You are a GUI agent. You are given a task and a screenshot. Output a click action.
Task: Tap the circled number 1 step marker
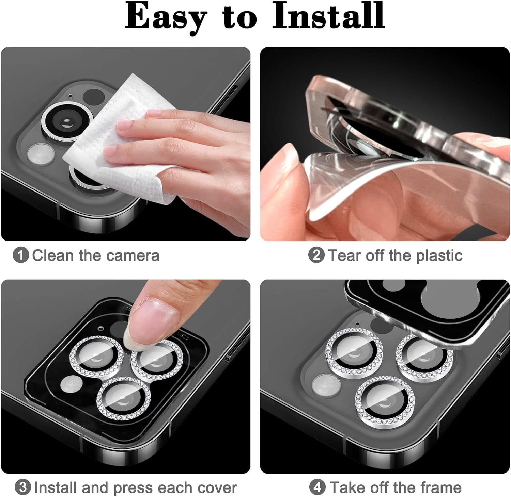pos(21,255)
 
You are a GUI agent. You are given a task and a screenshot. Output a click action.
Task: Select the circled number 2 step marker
pos(316,255)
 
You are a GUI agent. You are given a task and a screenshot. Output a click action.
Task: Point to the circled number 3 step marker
pos(23,487)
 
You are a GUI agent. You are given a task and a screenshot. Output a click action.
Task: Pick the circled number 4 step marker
pos(317,487)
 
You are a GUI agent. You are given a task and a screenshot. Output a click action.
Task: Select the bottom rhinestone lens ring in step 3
pos(124,399)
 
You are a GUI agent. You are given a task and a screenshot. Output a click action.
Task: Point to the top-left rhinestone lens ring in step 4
pos(354,354)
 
